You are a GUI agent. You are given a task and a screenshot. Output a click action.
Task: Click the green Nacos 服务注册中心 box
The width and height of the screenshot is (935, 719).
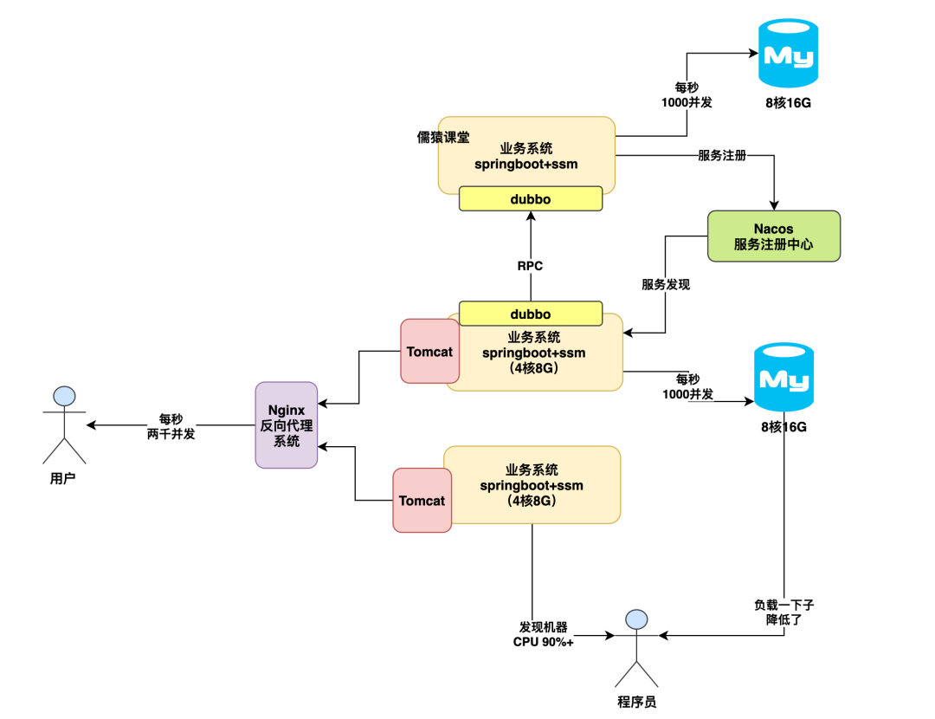tap(774, 236)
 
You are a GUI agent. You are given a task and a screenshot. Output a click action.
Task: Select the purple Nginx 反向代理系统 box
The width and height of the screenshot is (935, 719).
tap(287, 424)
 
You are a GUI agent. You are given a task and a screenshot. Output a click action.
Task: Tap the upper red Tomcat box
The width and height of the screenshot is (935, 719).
tap(429, 352)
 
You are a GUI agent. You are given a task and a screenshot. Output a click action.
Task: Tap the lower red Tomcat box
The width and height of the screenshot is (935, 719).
tap(422, 501)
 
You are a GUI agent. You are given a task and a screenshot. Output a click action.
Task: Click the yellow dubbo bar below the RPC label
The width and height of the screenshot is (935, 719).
tap(530, 314)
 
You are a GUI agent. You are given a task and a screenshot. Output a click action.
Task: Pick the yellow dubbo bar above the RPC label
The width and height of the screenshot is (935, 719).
tap(530, 199)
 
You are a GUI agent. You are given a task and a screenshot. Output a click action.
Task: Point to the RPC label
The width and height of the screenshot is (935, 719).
tap(530, 266)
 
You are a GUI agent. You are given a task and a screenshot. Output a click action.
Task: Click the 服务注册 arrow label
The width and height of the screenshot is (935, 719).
tap(722, 156)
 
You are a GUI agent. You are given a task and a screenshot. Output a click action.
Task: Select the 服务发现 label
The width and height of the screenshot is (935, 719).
tap(665, 284)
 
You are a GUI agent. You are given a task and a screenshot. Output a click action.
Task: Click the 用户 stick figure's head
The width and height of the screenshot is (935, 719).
tap(65, 398)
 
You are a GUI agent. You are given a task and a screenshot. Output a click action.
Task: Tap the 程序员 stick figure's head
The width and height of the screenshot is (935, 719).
tap(637, 619)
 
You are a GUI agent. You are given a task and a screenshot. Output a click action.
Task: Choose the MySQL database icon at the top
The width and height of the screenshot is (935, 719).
tap(789, 54)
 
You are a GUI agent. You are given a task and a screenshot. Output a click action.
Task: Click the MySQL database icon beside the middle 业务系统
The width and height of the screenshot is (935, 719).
tap(783, 377)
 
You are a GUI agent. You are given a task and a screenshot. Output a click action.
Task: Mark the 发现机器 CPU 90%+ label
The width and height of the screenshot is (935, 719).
tap(544, 634)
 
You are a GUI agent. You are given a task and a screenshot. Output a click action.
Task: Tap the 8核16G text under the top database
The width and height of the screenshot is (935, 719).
tap(789, 103)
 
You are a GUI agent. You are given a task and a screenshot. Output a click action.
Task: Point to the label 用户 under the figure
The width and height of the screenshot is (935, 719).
tap(63, 477)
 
